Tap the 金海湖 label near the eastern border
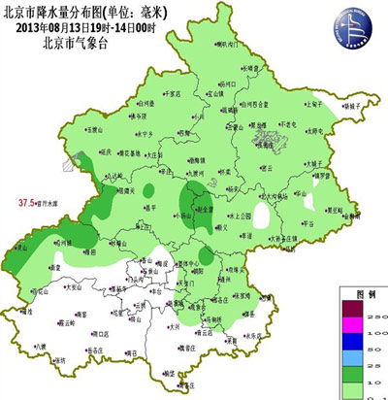[x=336, y=210]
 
